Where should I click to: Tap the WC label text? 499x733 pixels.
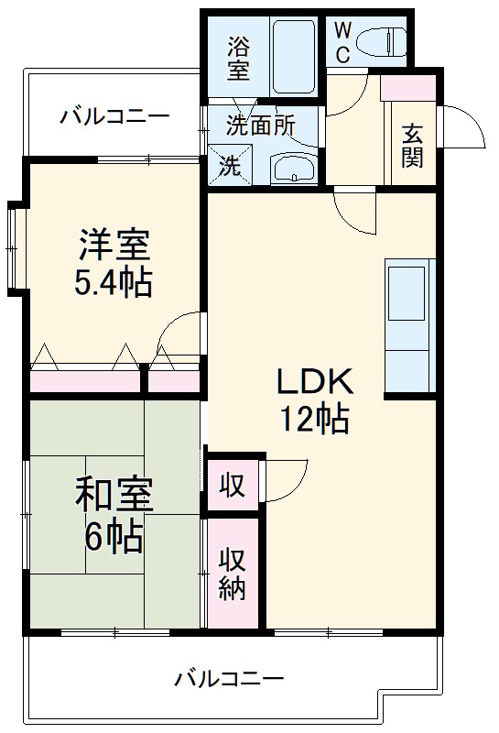coord(342,43)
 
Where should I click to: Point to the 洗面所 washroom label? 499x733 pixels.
coord(261,126)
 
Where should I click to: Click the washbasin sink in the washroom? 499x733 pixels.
coord(293,168)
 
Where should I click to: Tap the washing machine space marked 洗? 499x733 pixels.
coord(229,167)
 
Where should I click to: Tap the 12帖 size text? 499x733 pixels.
coord(314,419)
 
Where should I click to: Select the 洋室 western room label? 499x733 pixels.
coord(114,246)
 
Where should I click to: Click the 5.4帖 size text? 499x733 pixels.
coord(114,283)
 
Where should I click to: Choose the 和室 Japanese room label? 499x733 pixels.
coord(114,496)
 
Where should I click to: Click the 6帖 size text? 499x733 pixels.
coord(114,535)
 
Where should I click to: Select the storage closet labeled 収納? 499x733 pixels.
coord(233,573)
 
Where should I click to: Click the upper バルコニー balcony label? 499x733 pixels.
coord(114,117)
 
